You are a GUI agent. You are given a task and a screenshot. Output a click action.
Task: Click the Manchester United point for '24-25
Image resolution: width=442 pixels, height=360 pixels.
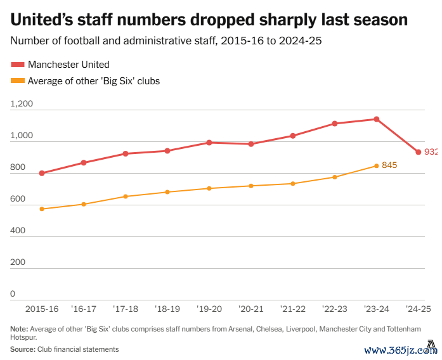pos(418,152)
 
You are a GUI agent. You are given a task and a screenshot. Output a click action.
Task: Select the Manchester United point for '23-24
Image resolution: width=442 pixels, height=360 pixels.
pos(377,119)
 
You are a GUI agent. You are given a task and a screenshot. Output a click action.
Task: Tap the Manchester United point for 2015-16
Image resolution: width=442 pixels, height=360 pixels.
pos(42,173)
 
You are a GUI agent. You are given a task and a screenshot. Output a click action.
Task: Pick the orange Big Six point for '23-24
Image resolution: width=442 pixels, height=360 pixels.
pos(377,166)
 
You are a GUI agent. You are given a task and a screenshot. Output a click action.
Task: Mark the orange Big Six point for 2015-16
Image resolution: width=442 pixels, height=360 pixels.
pos(42,209)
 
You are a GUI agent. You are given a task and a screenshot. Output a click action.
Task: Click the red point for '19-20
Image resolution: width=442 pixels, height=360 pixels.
pos(209,143)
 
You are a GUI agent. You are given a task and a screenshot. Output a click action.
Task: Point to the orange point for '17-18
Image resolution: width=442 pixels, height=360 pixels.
pos(126,196)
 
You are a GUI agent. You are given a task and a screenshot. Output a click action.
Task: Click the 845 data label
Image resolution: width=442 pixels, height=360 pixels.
pos(389,165)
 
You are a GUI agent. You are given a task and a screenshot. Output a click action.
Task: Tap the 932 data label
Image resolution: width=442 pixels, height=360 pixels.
pos(431,152)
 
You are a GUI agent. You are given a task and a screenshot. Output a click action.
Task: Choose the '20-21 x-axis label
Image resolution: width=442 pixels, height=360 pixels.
pos(251,309)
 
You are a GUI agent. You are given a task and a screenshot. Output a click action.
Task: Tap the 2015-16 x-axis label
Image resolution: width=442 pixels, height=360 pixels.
pos(42,309)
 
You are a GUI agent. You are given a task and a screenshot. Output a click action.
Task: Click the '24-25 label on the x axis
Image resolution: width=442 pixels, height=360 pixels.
pos(418,309)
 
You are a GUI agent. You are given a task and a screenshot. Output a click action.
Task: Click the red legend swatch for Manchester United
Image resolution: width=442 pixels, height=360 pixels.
pos(18,65)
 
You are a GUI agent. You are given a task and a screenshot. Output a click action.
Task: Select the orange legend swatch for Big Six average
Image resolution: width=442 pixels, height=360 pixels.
pos(18,81)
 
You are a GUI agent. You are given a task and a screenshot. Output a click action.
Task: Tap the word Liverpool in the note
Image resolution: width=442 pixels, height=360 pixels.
pos(300,330)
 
